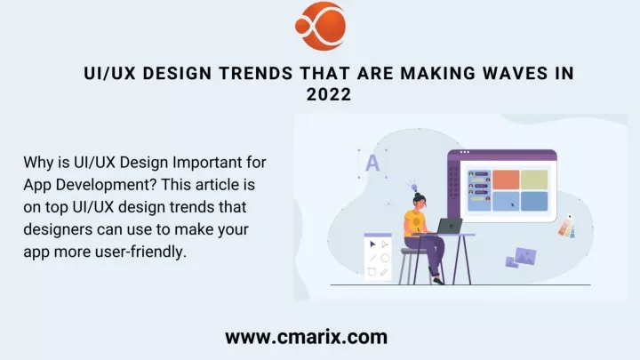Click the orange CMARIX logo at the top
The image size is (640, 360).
click(321, 26)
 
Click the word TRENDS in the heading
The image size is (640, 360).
click(256, 74)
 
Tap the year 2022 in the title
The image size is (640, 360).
click(329, 95)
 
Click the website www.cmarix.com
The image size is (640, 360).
click(306, 337)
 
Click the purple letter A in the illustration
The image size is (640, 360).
click(372, 164)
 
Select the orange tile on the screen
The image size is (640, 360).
click(506, 180)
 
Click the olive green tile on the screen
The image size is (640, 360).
click(534, 180)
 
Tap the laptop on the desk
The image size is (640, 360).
click(448, 227)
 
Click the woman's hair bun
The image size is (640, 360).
click(417, 195)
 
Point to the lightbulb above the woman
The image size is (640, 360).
click(413, 186)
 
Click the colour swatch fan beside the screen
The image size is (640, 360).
click(567, 226)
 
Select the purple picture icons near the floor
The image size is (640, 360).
click(521, 258)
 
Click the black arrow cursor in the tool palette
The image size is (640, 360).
click(372, 244)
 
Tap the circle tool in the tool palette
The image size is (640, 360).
click(385, 258)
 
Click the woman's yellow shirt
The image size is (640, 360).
click(414, 223)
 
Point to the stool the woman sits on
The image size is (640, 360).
click(413, 265)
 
